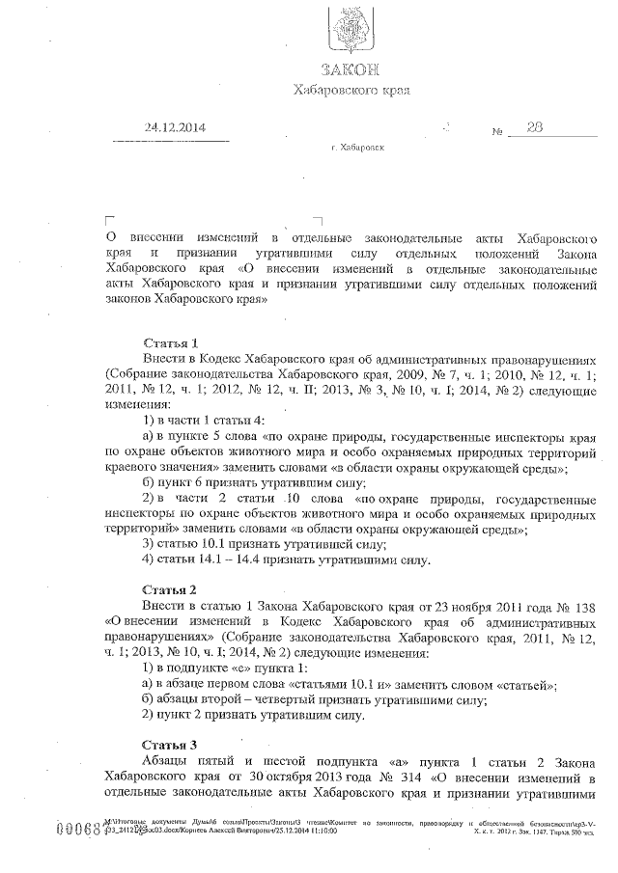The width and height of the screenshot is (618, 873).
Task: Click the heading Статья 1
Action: click(x=170, y=341)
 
